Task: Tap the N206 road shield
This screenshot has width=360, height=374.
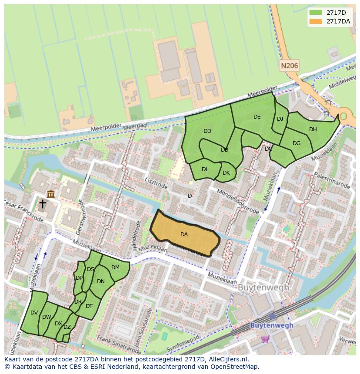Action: [x=289, y=66]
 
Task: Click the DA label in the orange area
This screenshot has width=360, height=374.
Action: [x=184, y=235]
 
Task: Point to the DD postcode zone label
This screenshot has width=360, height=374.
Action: [x=207, y=131]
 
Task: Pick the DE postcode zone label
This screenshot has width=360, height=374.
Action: [x=257, y=117]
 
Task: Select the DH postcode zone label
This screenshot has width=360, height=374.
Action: [x=313, y=129]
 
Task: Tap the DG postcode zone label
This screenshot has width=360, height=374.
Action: [x=297, y=143]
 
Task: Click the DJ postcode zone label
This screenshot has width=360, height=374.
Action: [x=280, y=119]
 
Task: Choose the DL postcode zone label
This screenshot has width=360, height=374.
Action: [x=205, y=169]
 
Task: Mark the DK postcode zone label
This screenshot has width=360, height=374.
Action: [x=226, y=173]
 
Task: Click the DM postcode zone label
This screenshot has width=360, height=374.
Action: [x=115, y=268]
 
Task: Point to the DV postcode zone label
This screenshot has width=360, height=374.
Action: [x=34, y=313]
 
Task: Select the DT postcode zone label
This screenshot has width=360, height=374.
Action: [x=89, y=306]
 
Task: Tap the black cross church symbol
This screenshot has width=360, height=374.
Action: [x=42, y=204]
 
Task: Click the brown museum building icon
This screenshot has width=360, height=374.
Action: [x=51, y=194]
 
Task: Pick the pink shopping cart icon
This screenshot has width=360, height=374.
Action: [x=265, y=338]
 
